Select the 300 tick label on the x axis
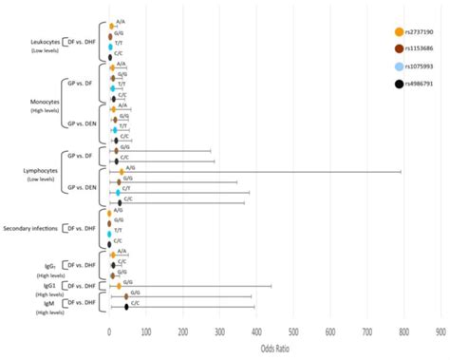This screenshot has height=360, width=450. [219, 332]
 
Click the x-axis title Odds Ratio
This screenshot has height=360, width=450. [274, 349]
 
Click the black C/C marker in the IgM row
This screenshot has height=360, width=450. [126, 306]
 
